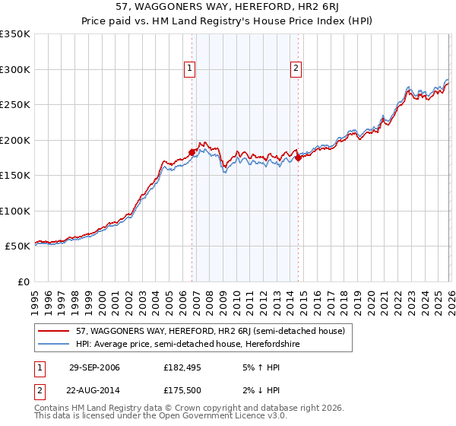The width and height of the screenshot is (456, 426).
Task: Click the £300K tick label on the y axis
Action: point(15,69)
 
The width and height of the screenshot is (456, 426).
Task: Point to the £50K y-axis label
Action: point(17,246)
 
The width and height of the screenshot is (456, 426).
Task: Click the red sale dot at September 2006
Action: point(192,152)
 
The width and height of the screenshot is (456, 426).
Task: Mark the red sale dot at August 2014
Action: point(298,157)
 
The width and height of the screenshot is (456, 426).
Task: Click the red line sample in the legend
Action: point(55,331)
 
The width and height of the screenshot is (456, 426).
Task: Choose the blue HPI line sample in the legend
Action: point(55,344)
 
